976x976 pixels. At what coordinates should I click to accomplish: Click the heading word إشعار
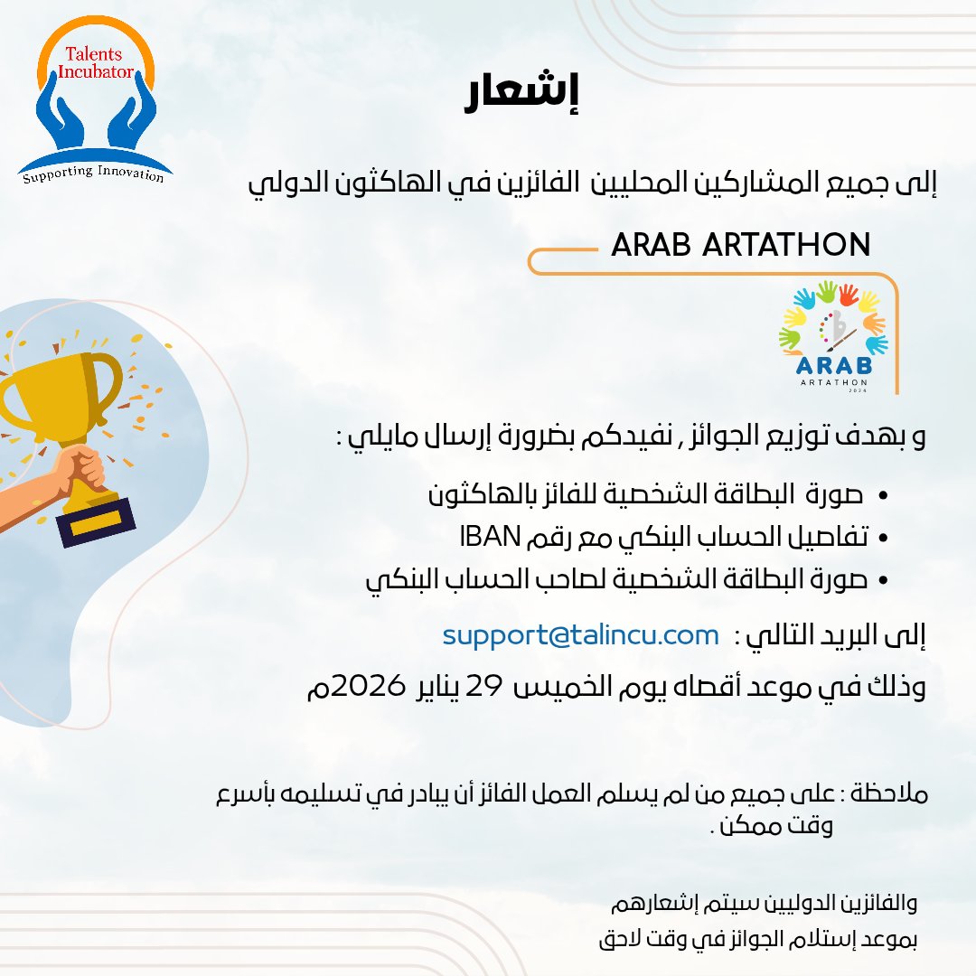(x=521, y=97)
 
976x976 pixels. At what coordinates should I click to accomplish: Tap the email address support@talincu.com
(x=580, y=635)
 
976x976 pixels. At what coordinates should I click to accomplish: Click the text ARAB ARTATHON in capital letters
(x=740, y=245)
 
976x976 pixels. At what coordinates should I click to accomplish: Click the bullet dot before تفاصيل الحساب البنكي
(x=883, y=539)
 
